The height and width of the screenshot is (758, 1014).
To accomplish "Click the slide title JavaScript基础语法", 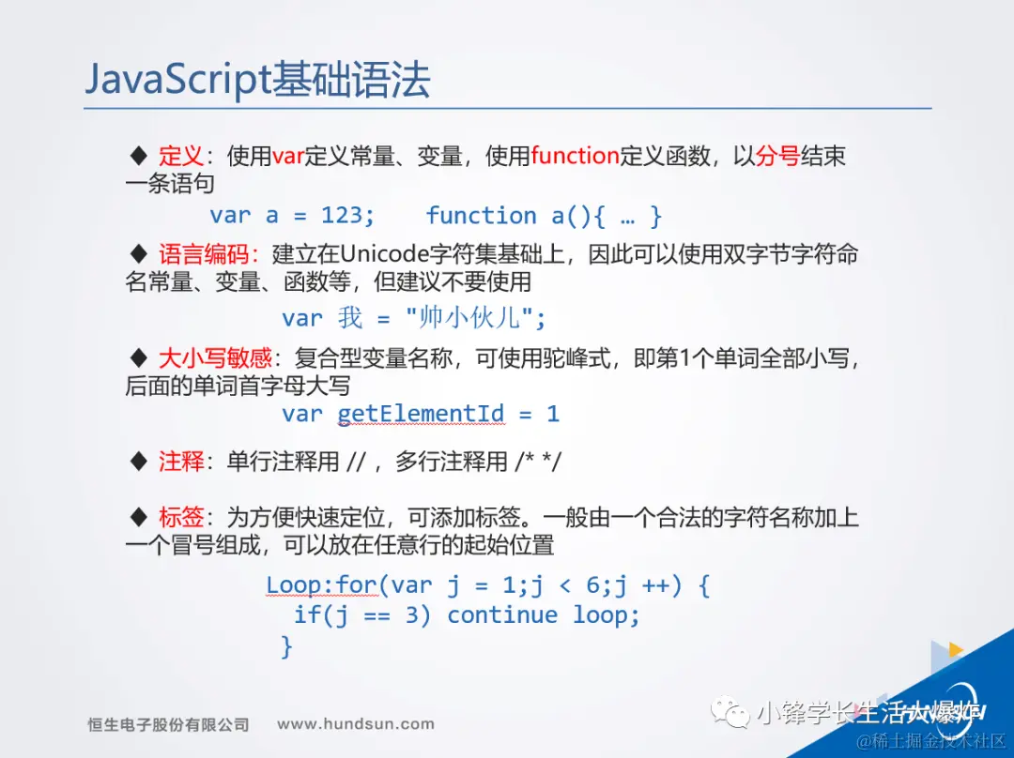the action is pyautogui.click(x=257, y=80).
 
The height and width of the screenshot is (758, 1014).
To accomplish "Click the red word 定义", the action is pyautogui.click(x=181, y=156).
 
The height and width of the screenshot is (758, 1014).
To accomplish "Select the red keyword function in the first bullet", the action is pyautogui.click(x=575, y=156).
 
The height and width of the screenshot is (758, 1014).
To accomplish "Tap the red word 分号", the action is pyautogui.click(x=777, y=156).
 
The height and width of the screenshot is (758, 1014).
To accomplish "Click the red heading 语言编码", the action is pyautogui.click(x=204, y=254).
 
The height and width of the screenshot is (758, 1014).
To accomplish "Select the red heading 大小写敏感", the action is pyautogui.click(x=215, y=357).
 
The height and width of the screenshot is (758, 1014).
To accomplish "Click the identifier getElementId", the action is pyautogui.click(x=421, y=414).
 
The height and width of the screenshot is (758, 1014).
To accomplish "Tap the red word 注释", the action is pyautogui.click(x=181, y=462).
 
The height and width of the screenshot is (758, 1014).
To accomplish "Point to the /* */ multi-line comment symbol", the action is pyautogui.click(x=538, y=462).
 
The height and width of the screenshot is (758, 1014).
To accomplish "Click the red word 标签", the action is pyautogui.click(x=181, y=517).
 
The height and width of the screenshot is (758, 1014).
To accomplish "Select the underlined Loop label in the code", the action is pyautogui.click(x=294, y=585).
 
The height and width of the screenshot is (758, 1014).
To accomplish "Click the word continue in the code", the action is pyautogui.click(x=502, y=615).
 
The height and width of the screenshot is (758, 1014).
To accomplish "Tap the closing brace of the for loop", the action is pyautogui.click(x=286, y=646).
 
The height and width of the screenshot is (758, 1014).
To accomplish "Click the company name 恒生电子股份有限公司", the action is pyautogui.click(x=168, y=724).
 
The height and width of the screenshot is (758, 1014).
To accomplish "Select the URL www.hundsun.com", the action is pyautogui.click(x=356, y=723).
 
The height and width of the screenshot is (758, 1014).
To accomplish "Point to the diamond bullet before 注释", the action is pyautogui.click(x=138, y=462).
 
